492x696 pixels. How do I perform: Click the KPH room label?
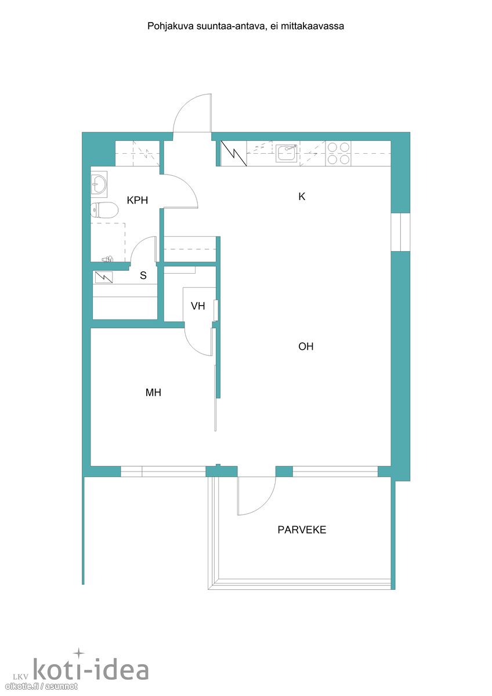tap(137, 200)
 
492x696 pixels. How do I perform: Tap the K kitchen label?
tap(302, 197)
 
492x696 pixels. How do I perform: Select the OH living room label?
tap(306, 346)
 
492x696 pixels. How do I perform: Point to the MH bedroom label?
tap(153, 393)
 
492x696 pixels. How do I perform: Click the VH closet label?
tap(198, 306)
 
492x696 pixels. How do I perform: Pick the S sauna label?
tap(143, 275)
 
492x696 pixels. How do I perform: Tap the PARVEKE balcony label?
tap(302, 530)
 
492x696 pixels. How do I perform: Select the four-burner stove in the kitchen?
tap(338, 153)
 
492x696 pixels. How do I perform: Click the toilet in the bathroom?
tap(104, 210)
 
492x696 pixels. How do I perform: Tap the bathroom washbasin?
tap(99, 184)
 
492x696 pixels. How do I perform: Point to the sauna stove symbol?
tap(103, 277)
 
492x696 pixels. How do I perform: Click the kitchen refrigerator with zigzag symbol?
tap(234, 153)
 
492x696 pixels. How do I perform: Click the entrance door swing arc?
tap(184, 104)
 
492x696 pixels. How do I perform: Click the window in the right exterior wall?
tap(400, 232)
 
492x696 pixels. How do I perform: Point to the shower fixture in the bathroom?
tap(107, 259)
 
